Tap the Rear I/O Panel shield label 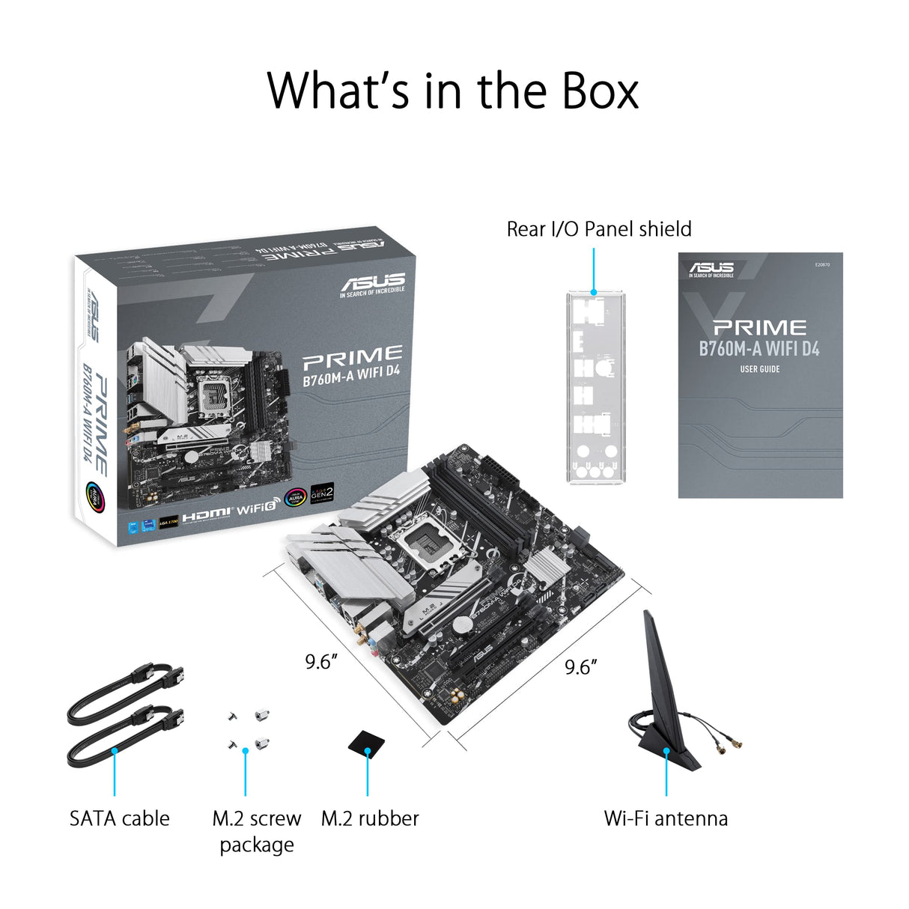coord(599,229)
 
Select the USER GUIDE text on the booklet coord(759,369)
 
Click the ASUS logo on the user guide coord(711,269)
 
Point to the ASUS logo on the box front coord(372,284)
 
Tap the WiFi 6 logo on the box coord(257,508)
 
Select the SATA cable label coord(119,818)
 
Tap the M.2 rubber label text coord(370,818)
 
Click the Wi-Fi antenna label coord(666,818)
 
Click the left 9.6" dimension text coord(320,662)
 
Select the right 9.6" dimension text coord(580,666)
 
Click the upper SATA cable coord(127,693)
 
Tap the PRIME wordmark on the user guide coord(759,327)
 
